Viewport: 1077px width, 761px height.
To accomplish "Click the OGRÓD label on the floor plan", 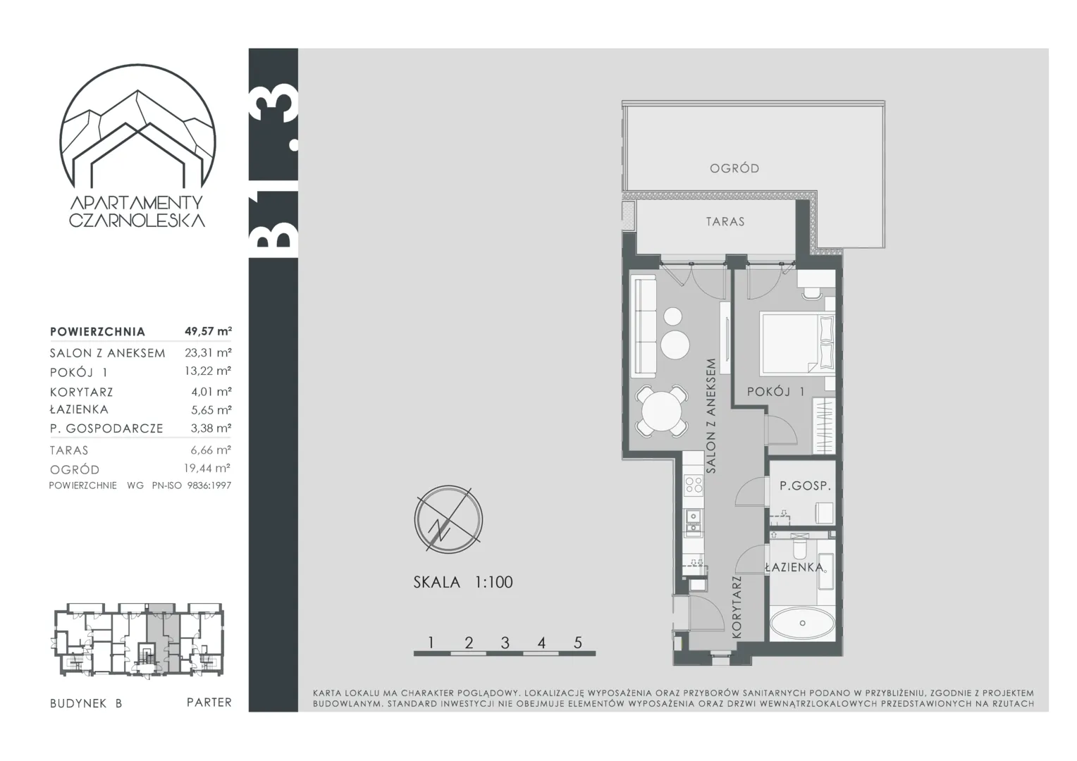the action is (734, 168).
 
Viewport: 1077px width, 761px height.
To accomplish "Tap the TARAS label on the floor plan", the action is (725, 222).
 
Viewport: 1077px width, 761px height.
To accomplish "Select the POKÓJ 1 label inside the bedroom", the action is (775, 391).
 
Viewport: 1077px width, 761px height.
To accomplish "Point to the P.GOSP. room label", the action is (806, 486).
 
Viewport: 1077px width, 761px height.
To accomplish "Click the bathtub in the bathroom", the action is (802, 624).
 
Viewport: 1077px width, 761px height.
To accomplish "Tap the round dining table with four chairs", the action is (662, 411).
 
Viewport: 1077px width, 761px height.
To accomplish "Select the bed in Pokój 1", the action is (797, 343).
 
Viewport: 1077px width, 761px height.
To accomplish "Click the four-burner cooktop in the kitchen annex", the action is (694, 484).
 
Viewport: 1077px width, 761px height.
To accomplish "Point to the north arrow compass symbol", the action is (448, 519).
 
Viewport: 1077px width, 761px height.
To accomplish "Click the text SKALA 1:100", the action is (463, 582).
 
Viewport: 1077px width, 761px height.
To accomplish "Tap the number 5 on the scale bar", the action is (578, 643).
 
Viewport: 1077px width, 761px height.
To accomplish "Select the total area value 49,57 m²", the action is (208, 330).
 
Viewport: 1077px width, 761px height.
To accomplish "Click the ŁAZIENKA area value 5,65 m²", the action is (211, 409).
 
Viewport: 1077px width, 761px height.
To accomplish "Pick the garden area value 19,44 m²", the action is (207, 468).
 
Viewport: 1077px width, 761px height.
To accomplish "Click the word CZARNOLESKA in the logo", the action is (137, 221).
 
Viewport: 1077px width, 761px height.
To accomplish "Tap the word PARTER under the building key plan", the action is (209, 703).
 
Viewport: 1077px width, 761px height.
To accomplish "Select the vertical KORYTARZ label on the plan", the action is (737, 607).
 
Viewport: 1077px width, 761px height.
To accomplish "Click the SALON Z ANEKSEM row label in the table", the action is (108, 353).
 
